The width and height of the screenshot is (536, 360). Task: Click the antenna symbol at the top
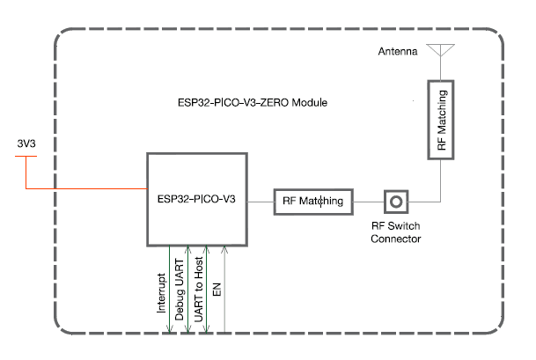(439, 50)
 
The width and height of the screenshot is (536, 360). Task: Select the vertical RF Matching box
(441, 121)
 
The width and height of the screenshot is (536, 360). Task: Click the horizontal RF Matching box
(314, 202)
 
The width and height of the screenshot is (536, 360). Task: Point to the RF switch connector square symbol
(396, 202)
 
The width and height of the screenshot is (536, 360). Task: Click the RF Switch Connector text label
(396, 232)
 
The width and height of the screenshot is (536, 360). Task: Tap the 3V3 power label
(28, 143)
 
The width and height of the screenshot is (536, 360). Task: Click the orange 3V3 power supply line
(88, 188)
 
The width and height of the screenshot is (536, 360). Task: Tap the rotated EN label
(217, 286)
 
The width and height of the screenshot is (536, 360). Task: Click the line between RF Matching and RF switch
(369, 202)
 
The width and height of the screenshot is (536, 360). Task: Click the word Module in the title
(309, 103)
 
